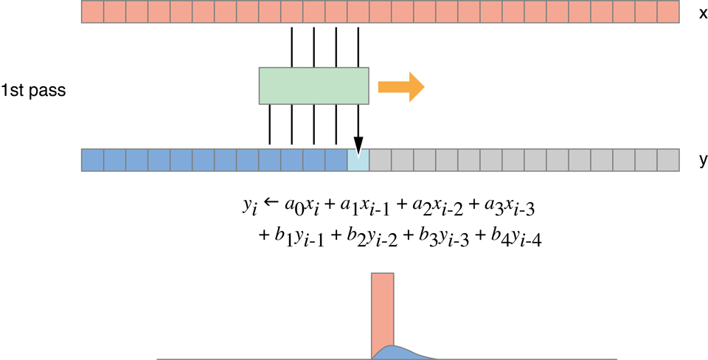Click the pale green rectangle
point(313,86)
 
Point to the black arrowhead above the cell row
point(358,146)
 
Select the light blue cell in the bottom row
point(358,160)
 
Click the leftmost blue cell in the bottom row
point(92,160)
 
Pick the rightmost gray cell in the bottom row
point(667,160)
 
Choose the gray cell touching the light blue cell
point(380,160)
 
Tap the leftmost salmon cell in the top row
point(92,12)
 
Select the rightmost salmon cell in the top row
point(667,12)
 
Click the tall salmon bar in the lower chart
point(383,310)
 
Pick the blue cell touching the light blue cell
point(336,160)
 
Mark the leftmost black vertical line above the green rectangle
point(292,46)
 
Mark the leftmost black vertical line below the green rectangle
point(270,125)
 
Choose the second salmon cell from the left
point(114,12)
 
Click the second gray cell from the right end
point(645,160)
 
